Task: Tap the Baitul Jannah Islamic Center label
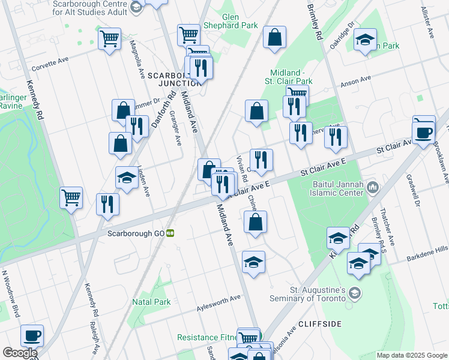pos(339,188)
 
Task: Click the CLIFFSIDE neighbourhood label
pos(319,324)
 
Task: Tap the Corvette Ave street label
pos(52,64)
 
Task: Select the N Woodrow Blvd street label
pos(11,294)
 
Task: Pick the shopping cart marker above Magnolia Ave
pos(109,39)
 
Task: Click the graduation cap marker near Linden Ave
pos(127,178)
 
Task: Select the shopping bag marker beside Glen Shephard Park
pos(274,37)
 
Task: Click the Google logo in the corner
pos(19,353)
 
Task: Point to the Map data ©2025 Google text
pos(411,355)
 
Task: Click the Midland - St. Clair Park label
pos(291,76)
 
